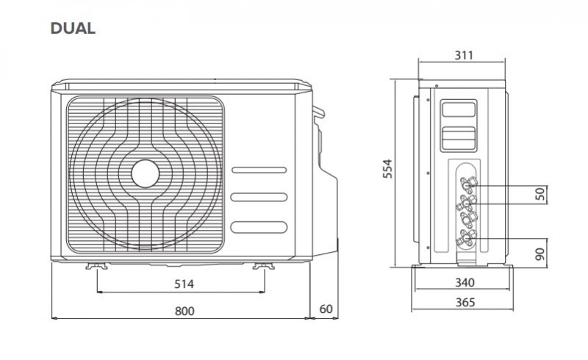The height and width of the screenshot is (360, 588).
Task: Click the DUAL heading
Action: click(x=73, y=29)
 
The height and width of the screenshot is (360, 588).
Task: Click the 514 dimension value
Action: click(x=184, y=284)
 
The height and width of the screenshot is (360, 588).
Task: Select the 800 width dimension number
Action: click(x=184, y=312)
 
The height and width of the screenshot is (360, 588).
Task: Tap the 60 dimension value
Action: click(x=326, y=309)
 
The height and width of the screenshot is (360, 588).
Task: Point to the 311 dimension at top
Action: click(x=464, y=56)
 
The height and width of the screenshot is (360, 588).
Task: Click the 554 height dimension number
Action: click(x=387, y=168)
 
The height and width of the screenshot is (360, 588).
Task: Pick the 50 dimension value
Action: click(x=539, y=194)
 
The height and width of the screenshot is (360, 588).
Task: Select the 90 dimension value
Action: click(x=539, y=254)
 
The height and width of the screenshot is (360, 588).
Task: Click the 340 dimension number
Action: click(x=465, y=282)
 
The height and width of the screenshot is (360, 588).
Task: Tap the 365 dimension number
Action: click(x=465, y=302)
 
